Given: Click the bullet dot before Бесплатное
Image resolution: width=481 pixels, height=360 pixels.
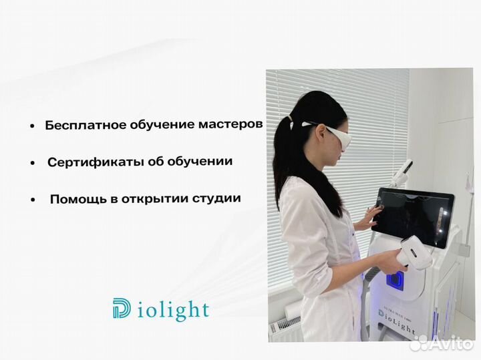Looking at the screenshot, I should click(32, 126).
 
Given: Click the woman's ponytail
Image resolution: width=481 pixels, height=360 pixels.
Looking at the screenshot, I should click(288, 154).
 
